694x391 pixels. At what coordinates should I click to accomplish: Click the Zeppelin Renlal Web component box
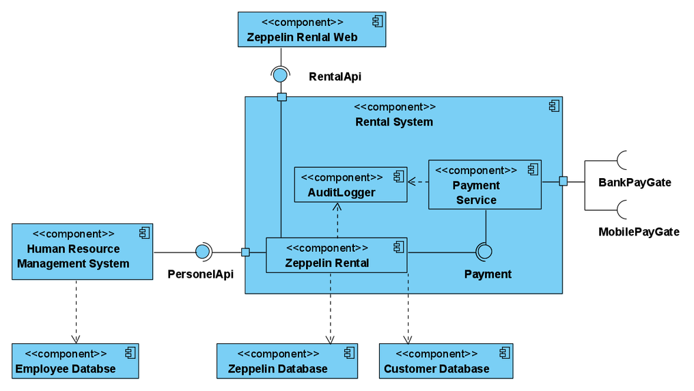311,30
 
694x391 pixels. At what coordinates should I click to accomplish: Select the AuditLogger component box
350,184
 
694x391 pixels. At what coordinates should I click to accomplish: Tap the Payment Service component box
484,185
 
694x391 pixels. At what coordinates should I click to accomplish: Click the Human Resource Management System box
82,252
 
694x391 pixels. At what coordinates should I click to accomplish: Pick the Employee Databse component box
75,361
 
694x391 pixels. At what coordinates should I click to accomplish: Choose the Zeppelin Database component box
287,361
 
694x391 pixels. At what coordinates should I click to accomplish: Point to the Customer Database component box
445,361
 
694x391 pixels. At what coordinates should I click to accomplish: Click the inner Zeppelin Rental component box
336,255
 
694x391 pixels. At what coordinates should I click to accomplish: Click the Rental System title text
394,122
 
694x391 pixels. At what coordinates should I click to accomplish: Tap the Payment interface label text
488,274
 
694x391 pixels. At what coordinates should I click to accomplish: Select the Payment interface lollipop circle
484,252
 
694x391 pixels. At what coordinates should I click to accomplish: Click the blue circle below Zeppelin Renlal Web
280,75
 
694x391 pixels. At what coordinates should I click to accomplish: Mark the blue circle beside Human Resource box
202,252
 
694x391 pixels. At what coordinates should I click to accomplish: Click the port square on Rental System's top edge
281,98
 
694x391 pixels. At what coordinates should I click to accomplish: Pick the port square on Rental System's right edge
563,182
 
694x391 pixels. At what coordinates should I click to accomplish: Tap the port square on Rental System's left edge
246,252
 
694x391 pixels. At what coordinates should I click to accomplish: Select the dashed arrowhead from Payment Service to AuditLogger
412,182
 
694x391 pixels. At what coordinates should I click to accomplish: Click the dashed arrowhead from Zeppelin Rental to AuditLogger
337,207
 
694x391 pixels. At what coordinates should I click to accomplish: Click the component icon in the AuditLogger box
399,177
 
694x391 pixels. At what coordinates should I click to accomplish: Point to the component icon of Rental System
554,106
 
